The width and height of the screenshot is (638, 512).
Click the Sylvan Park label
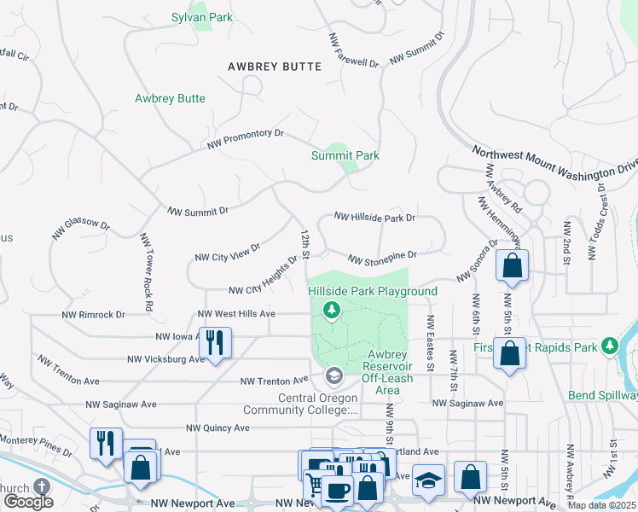click(202, 17)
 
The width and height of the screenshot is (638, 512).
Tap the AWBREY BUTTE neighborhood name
click(275, 67)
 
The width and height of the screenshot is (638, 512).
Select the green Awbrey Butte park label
click(170, 99)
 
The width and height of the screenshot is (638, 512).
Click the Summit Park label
click(345, 155)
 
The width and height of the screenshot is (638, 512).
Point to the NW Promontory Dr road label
click(245, 139)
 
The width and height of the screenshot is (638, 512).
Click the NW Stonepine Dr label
click(381, 256)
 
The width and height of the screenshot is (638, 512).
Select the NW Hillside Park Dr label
click(374, 218)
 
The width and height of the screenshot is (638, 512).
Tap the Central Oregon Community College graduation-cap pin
click(333, 375)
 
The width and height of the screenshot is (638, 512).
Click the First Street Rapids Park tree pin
click(609, 346)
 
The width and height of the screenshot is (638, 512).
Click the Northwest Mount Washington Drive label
click(554, 160)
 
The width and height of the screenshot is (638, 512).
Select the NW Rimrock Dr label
click(94, 314)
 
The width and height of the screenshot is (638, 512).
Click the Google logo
click(28, 502)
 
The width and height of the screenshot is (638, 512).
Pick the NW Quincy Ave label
click(218, 428)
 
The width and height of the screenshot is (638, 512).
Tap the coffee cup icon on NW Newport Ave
click(337, 491)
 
